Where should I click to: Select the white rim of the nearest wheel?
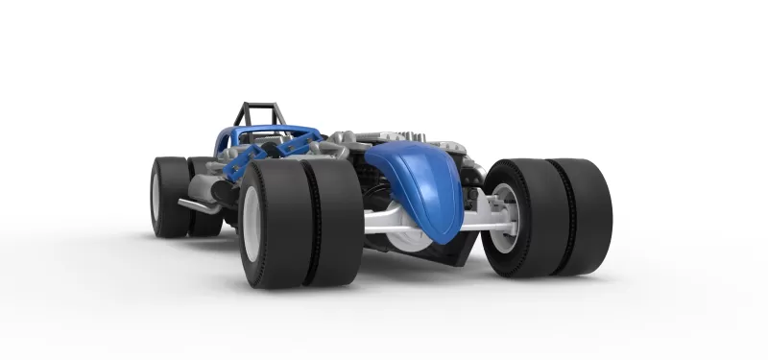pyautogui.click(x=253, y=223)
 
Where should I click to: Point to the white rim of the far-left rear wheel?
pyautogui.click(x=156, y=195)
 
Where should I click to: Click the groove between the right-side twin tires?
pyautogui.click(x=565, y=216)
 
